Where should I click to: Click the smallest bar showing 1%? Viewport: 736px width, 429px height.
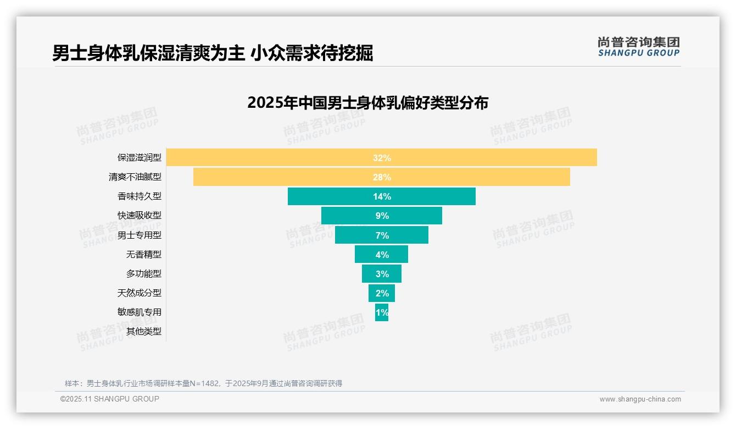[x=382, y=312]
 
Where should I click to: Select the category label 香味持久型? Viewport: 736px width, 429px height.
[x=140, y=196]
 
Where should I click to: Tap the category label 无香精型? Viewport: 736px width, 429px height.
[x=144, y=255]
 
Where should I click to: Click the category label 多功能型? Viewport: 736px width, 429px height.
[x=144, y=274]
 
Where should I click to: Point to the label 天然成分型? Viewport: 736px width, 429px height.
[x=140, y=293]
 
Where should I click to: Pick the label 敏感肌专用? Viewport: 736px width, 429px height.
[x=140, y=312]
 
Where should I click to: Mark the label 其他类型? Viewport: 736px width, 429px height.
[x=144, y=332]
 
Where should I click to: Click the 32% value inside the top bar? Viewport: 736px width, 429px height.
[x=382, y=158]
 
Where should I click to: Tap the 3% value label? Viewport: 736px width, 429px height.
[x=382, y=274]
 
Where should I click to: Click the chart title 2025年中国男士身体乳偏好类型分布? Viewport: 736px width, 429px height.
[x=367, y=103]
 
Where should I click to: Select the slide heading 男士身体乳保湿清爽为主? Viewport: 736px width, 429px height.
[x=148, y=53]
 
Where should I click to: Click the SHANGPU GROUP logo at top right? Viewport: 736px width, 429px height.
[x=638, y=47]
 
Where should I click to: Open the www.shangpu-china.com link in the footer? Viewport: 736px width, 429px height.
[x=640, y=399]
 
